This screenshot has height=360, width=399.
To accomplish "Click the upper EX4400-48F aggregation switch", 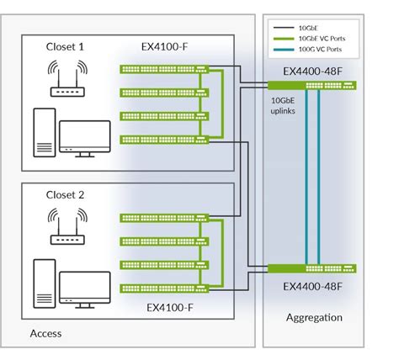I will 312,85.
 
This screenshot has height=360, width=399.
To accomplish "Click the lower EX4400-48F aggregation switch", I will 312,269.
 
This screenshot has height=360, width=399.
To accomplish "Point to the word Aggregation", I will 313,318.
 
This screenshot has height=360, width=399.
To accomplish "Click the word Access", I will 46,334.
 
